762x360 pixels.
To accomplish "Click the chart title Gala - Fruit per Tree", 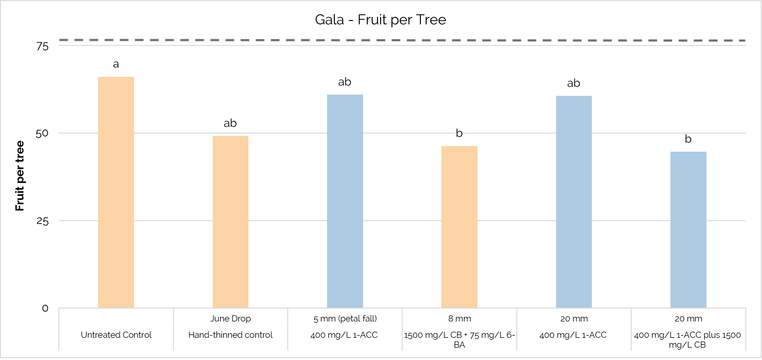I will click(x=380, y=20).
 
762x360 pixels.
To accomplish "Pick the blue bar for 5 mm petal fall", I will click(x=345, y=201).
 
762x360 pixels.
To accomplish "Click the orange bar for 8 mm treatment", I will click(x=459, y=227).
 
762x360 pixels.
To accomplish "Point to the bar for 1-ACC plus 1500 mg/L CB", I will click(x=688, y=229).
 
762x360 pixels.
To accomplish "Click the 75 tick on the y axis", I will click(x=43, y=47).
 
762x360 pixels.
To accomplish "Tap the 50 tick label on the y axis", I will click(x=42, y=133).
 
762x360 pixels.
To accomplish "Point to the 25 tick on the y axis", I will click(x=43, y=221).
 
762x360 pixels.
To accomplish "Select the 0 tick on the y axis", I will click(x=45, y=308).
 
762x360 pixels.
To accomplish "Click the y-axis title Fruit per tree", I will click(x=20, y=176).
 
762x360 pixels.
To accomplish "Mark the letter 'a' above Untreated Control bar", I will click(x=116, y=64).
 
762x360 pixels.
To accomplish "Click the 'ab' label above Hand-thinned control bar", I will click(x=230, y=123).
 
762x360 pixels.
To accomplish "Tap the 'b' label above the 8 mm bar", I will click(x=459, y=133).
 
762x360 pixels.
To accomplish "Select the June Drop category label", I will click(x=231, y=318).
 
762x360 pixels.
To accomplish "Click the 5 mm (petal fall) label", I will click(x=345, y=318).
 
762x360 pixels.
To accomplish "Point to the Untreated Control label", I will click(x=116, y=335).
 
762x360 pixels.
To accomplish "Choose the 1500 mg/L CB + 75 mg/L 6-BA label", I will click(x=459, y=339).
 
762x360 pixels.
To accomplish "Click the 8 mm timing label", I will click(x=459, y=318).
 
